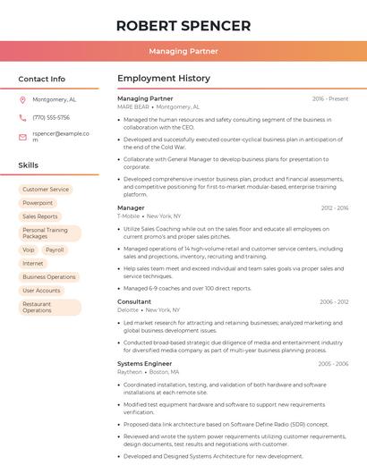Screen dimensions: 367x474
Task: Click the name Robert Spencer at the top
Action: [x=183, y=25]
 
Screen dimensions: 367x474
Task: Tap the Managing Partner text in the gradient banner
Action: [x=183, y=52]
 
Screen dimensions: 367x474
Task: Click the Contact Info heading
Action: [x=42, y=79]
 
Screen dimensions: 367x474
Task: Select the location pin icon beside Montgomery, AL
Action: [x=22, y=100]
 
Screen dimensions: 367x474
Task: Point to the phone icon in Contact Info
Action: [x=22, y=118]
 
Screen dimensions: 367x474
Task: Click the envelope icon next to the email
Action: [x=22, y=137]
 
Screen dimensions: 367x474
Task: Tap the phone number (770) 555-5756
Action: [x=51, y=118]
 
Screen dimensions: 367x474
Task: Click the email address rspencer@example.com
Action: [x=61, y=136]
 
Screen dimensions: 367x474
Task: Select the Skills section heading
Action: [x=29, y=165]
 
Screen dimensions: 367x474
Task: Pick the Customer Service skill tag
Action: [x=46, y=190]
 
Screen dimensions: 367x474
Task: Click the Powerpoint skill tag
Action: [x=38, y=203]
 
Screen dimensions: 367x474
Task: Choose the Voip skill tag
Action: [x=29, y=250]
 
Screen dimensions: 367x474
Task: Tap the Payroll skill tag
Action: [x=55, y=250]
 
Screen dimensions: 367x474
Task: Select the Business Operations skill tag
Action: [x=49, y=277]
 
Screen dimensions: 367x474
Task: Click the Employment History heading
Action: [x=164, y=79]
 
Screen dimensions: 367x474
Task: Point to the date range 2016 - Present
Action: [x=330, y=98]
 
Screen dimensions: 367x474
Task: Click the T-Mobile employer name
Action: [x=128, y=216]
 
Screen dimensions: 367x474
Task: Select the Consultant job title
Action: [x=134, y=302]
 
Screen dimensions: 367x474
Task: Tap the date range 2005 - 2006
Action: [x=333, y=364]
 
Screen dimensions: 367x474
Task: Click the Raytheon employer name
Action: [x=131, y=372]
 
